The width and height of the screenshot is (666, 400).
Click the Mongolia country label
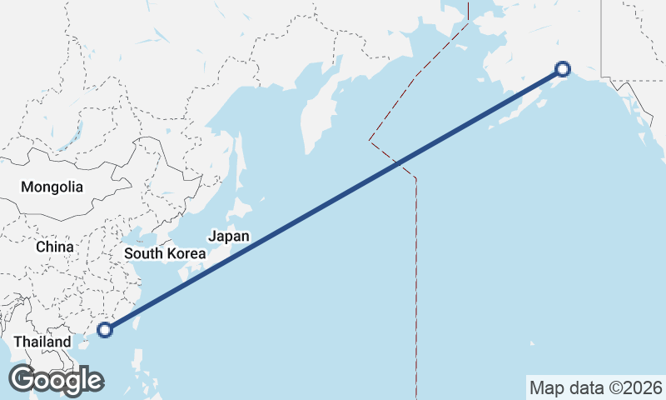pyautogui.click(x=52, y=187)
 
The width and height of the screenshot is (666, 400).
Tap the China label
pyautogui.click(x=54, y=247)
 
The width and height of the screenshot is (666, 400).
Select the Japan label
pyautogui.click(x=228, y=236)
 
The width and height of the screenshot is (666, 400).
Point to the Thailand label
pyautogui.click(x=42, y=342)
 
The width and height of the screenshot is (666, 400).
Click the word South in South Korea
pyautogui.click(x=143, y=252)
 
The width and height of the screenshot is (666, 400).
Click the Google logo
pyautogui.click(x=56, y=380)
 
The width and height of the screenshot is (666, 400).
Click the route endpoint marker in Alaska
pyautogui.click(x=563, y=69)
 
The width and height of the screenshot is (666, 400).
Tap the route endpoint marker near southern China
pyautogui.click(x=104, y=330)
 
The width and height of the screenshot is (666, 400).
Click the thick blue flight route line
pyautogui.click(x=333, y=200)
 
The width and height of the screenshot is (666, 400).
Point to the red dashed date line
pyautogui.click(x=415, y=275)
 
